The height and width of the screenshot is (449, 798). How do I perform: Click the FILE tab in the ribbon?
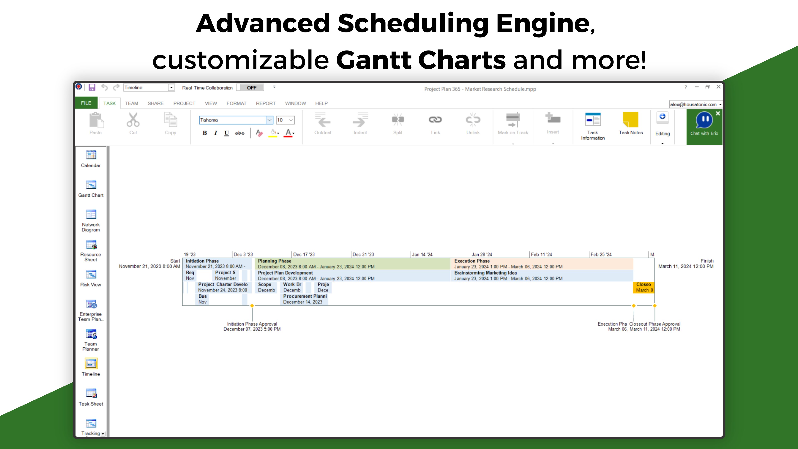tap(86, 103)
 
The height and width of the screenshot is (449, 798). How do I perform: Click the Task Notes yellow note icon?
tap(631, 120)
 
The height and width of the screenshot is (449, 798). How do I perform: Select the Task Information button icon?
tap(593, 120)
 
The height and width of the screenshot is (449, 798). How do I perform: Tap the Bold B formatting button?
tap(205, 133)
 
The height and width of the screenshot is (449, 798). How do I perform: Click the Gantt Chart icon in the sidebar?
tap(91, 185)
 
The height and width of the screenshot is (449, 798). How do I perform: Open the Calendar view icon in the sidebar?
tap(91, 155)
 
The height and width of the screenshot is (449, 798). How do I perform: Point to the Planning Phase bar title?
tap(275, 261)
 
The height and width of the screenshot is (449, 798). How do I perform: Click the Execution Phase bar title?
tap(472, 261)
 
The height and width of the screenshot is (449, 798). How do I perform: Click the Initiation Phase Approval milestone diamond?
tap(252, 306)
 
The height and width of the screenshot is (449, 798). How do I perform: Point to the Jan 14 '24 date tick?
tap(422, 254)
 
